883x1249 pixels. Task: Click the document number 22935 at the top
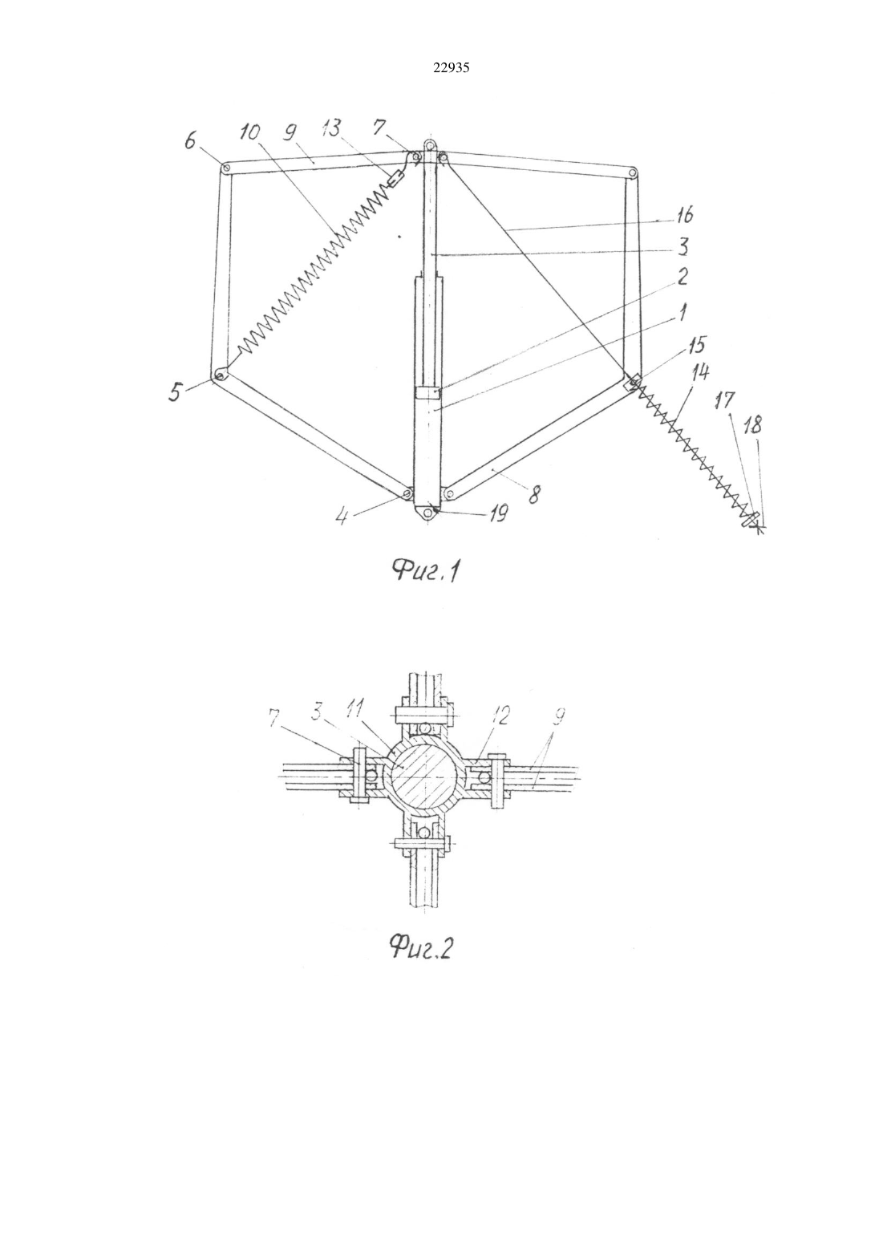point(451,67)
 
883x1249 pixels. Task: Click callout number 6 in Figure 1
point(191,142)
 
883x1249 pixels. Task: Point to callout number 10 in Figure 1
point(250,132)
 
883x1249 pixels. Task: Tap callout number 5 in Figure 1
point(176,393)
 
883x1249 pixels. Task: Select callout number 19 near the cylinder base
point(497,513)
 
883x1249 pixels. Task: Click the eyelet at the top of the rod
point(428,145)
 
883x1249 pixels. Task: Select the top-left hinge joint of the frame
point(226,168)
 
